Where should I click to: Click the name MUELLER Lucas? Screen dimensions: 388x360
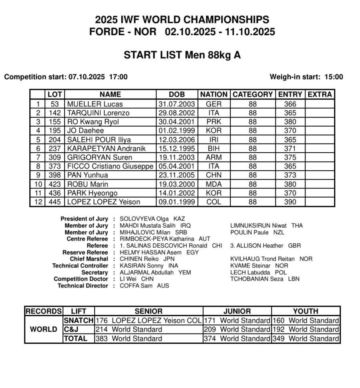(89, 104)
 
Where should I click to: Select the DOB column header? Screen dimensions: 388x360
(177, 95)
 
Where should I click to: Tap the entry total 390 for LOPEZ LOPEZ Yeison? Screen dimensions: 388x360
(290, 202)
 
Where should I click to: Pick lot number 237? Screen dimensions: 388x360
(55, 148)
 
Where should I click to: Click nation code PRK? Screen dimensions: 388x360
(213, 122)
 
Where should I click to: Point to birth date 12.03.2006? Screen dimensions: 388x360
(177, 139)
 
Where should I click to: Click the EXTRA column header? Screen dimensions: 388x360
(320, 95)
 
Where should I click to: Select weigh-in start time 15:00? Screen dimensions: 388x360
(335, 77)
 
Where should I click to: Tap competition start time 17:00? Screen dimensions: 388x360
(119, 77)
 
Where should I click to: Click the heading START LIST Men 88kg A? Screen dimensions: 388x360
(182, 55)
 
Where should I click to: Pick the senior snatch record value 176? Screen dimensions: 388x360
(103, 321)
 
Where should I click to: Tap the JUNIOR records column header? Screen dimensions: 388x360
(237, 311)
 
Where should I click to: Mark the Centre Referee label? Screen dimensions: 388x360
(88, 239)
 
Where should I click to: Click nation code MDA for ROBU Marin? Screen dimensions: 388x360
(213, 184)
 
